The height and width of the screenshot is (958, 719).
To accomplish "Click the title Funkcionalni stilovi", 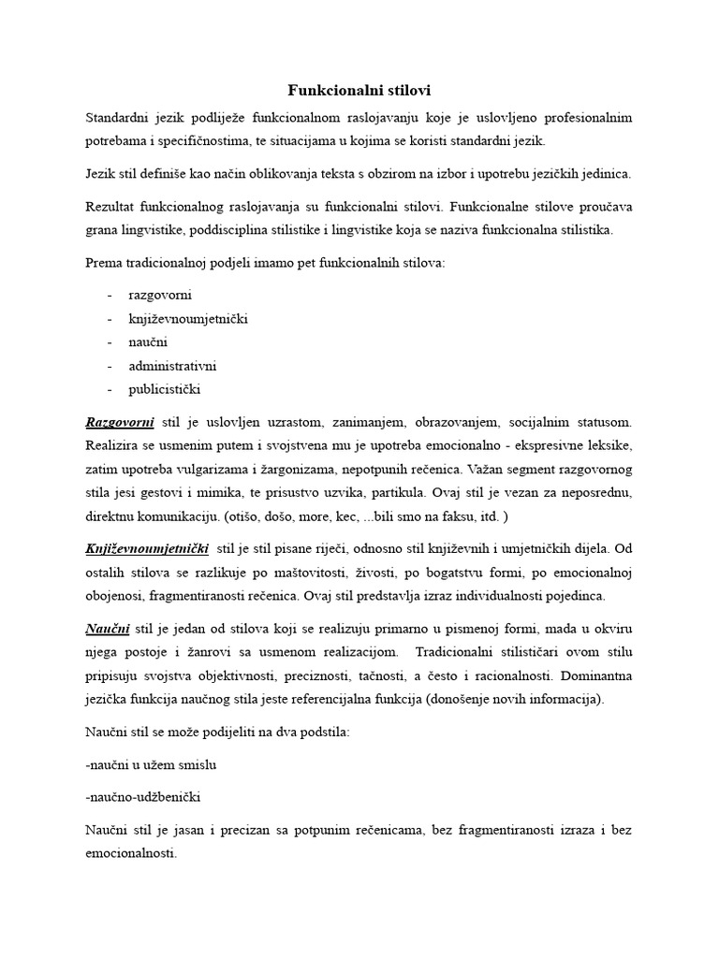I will point(359,90).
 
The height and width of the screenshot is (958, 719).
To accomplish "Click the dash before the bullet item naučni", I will point(110,342).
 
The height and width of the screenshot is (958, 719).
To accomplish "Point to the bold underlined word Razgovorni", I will point(119,424).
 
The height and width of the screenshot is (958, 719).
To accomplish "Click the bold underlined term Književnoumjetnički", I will point(146,547).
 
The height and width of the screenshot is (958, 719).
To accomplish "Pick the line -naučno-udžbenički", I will point(141,798).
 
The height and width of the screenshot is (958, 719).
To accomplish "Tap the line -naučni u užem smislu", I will point(151,764).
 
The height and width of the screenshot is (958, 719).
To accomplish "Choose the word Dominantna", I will point(598,675).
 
